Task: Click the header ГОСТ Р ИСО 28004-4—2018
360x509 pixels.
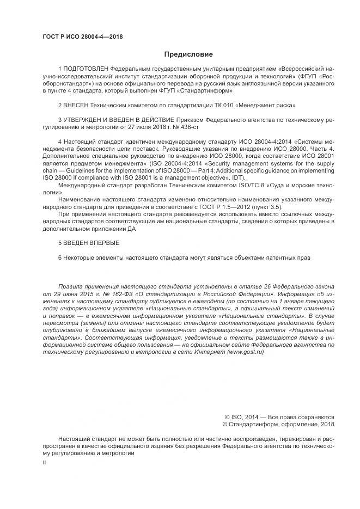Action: [82, 36]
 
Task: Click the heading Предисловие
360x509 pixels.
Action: [188, 54]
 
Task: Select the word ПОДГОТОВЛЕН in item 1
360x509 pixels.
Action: [86, 70]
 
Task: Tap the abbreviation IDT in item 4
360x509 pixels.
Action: [237, 178]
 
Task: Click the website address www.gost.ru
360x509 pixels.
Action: [245, 352]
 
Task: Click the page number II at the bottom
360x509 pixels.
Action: [44, 462]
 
